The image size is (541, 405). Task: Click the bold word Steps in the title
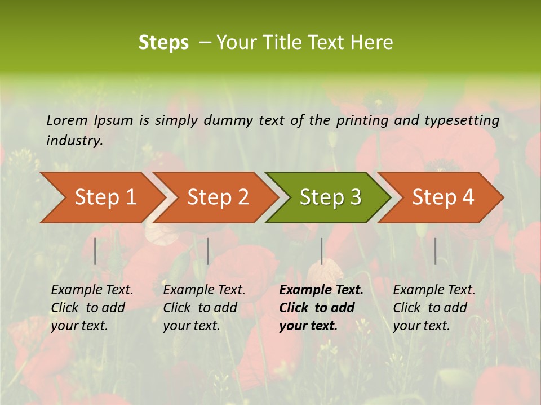[x=163, y=43]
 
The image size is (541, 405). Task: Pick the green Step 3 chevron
[x=330, y=197]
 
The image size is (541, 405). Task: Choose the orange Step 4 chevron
[x=443, y=197]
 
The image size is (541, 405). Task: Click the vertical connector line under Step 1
[x=95, y=251]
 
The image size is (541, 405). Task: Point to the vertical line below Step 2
[x=208, y=251]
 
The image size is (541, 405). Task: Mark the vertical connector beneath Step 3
[x=322, y=251]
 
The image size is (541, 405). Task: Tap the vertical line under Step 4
[x=436, y=251]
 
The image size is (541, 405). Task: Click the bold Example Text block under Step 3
[x=321, y=308]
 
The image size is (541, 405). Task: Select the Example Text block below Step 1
[x=92, y=308]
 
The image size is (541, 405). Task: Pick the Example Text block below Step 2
[x=204, y=308]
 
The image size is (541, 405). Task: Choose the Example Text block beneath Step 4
[x=434, y=308]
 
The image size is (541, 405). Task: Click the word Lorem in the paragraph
[x=67, y=120]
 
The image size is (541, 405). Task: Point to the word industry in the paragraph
[x=74, y=141]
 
